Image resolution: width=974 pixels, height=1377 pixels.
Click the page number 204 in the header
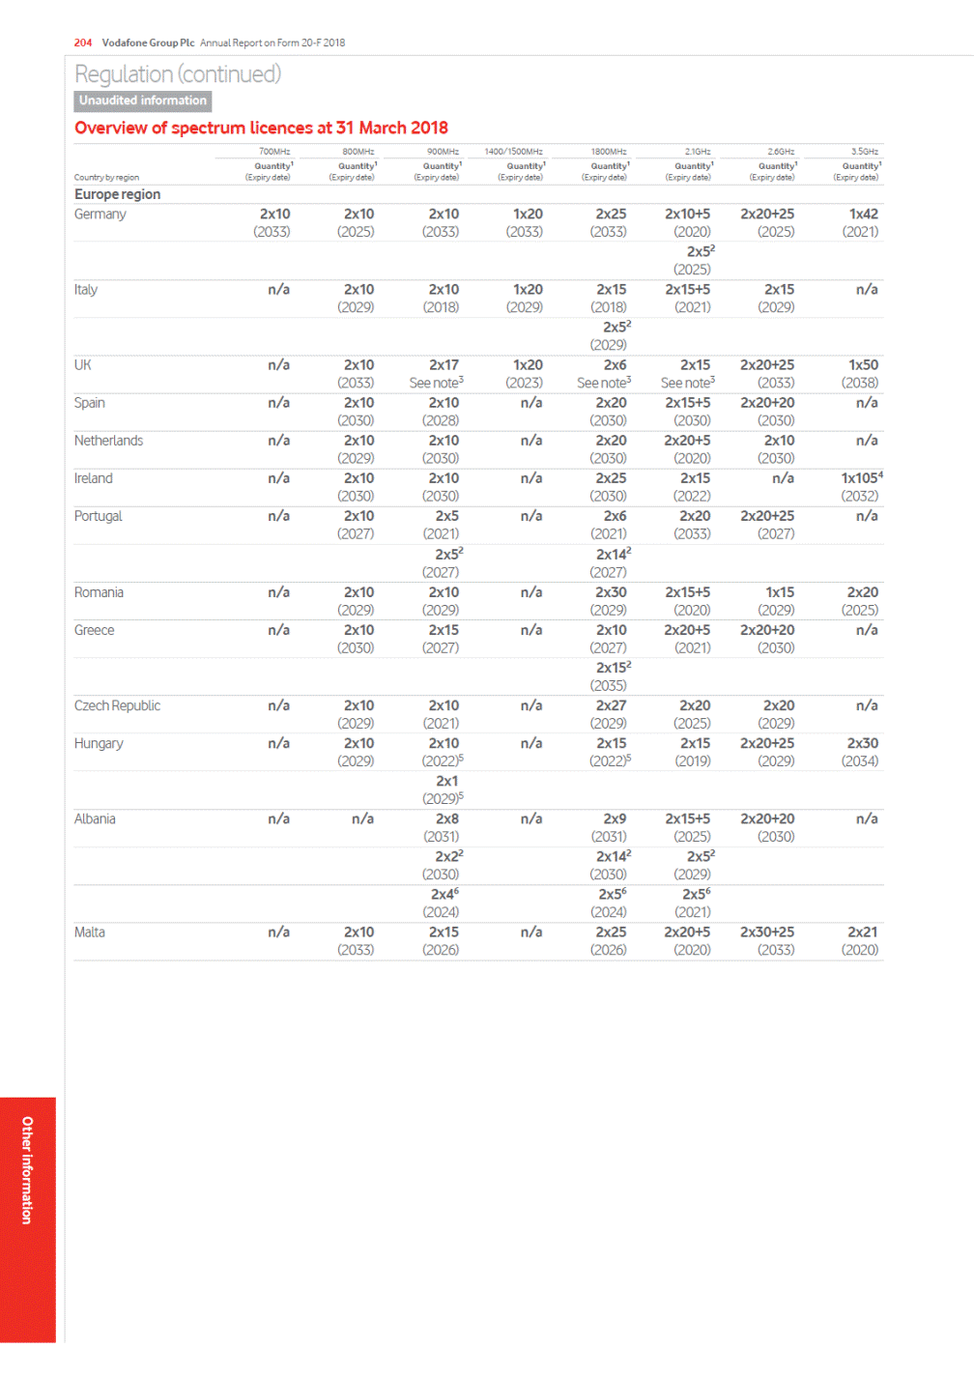83,43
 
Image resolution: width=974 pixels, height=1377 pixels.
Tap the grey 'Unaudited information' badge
143,100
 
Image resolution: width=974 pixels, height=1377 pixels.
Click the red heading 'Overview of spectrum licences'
261,128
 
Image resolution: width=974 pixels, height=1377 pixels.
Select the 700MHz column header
274,152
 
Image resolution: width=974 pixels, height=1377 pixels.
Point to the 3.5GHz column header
865,152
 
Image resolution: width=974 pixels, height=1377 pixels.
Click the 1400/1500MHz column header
513,152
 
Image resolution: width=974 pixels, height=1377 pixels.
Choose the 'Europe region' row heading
118,194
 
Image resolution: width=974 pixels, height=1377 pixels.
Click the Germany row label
100,215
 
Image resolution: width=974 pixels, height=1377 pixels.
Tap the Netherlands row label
108,441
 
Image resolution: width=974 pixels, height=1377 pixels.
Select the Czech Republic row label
117,705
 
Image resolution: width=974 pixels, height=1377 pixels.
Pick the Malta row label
90,932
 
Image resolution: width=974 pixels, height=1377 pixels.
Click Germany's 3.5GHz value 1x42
863,215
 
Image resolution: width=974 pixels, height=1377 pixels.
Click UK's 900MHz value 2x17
444,365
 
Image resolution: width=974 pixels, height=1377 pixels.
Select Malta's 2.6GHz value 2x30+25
767,932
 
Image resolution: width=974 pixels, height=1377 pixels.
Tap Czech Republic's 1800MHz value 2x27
611,705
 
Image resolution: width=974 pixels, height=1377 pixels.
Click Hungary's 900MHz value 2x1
446,781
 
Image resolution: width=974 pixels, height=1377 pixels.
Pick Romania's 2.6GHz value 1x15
779,592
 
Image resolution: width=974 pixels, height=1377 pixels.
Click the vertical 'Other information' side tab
27,1170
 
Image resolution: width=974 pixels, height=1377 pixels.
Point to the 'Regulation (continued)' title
178,74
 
